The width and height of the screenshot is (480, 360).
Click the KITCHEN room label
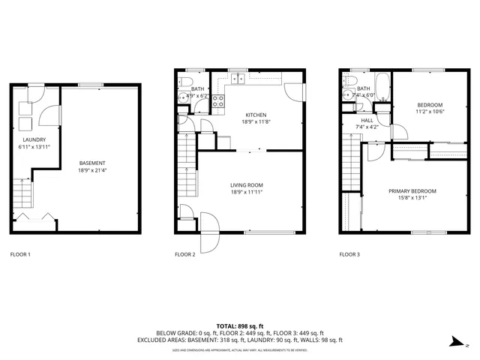coord(251,115)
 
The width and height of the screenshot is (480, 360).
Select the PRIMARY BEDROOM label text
coord(412,191)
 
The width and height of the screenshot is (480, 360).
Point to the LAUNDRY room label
coord(34,139)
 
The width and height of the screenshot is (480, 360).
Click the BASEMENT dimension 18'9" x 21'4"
coord(92,170)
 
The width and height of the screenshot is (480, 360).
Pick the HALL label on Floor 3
coord(367,120)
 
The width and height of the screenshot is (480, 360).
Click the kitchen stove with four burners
coord(218,102)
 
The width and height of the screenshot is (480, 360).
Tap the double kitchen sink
coord(239,77)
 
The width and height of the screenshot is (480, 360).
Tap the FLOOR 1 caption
coord(20,255)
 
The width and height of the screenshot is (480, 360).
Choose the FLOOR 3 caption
coord(349,255)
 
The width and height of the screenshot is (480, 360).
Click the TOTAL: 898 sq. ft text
coord(240,326)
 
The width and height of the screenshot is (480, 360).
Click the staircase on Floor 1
coord(24,196)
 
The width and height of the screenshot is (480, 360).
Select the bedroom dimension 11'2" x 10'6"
coord(430,111)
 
